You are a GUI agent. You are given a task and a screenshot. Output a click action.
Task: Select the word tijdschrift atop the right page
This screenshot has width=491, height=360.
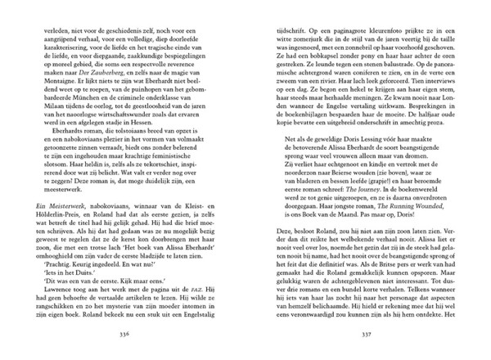286,25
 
